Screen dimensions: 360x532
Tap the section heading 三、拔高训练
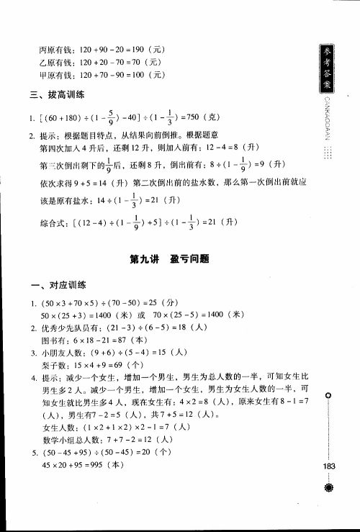click(x=57, y=94)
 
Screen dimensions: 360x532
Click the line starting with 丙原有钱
click(x=103, y=50)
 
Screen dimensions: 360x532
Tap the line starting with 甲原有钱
click(x=103, y=74)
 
